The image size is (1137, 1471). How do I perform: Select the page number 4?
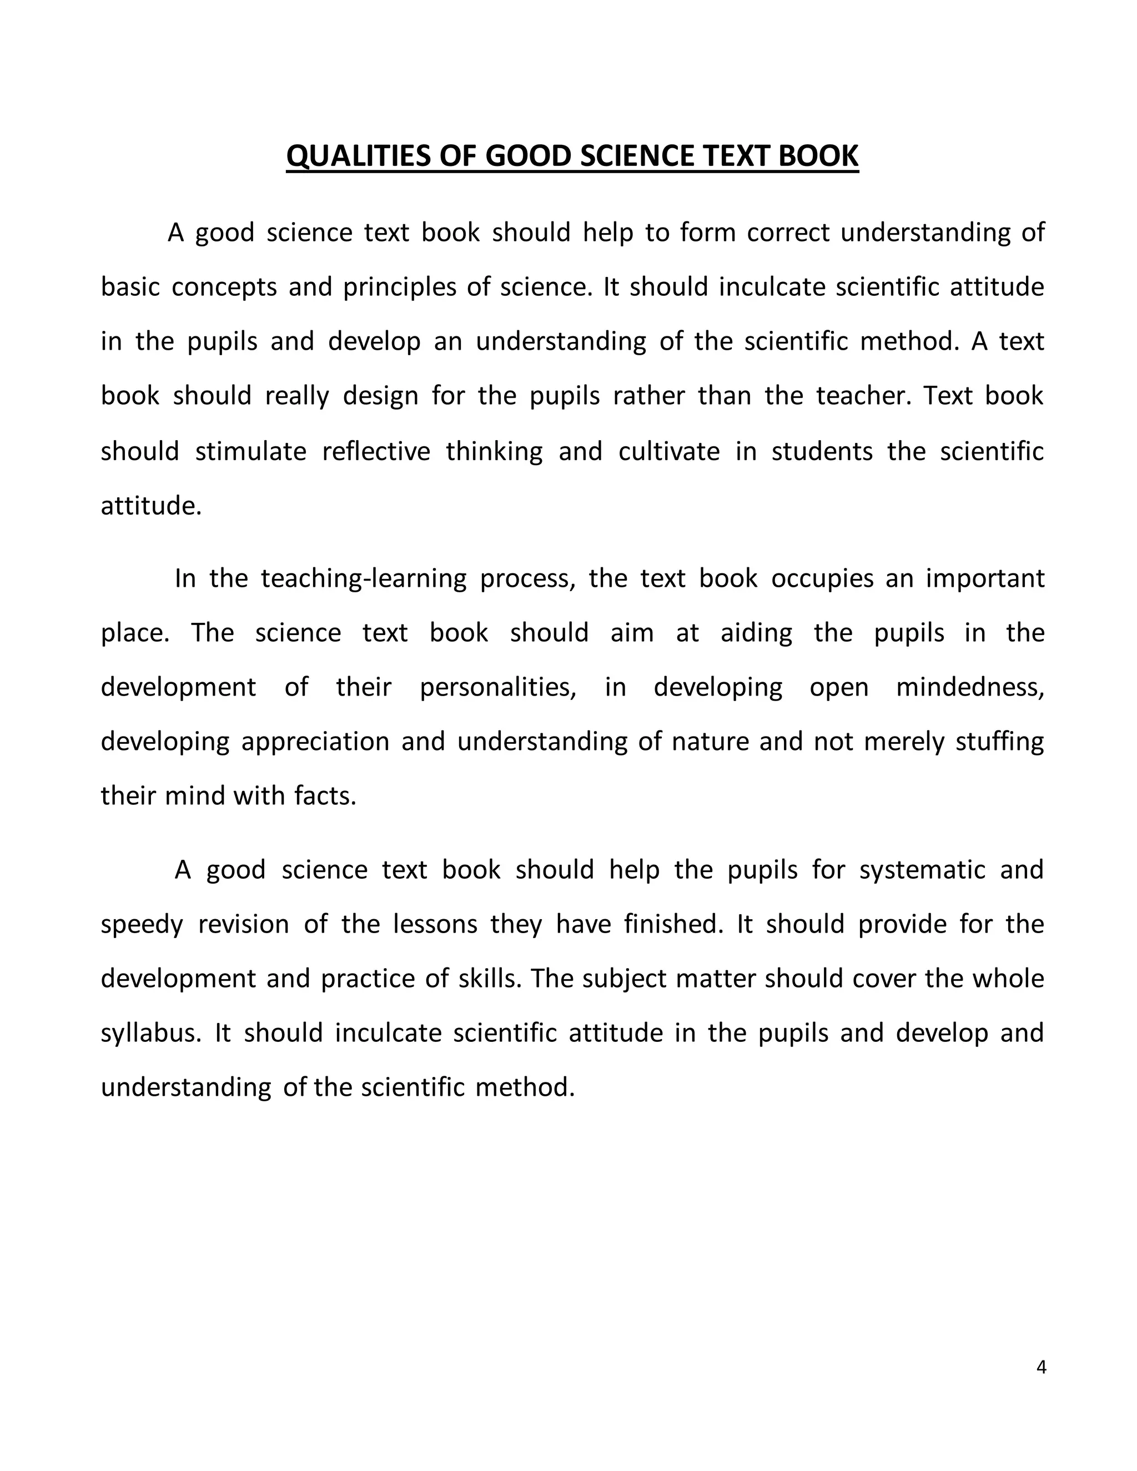point(1041,1367)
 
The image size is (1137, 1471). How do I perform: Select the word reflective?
point(376,451)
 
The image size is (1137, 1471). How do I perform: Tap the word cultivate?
point(669,451)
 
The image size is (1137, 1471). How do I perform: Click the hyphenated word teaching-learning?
point(364,578)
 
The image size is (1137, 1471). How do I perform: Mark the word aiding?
point(757,633)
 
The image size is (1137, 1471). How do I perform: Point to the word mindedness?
point(969,687)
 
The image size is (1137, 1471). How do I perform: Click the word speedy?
point(142,925)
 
